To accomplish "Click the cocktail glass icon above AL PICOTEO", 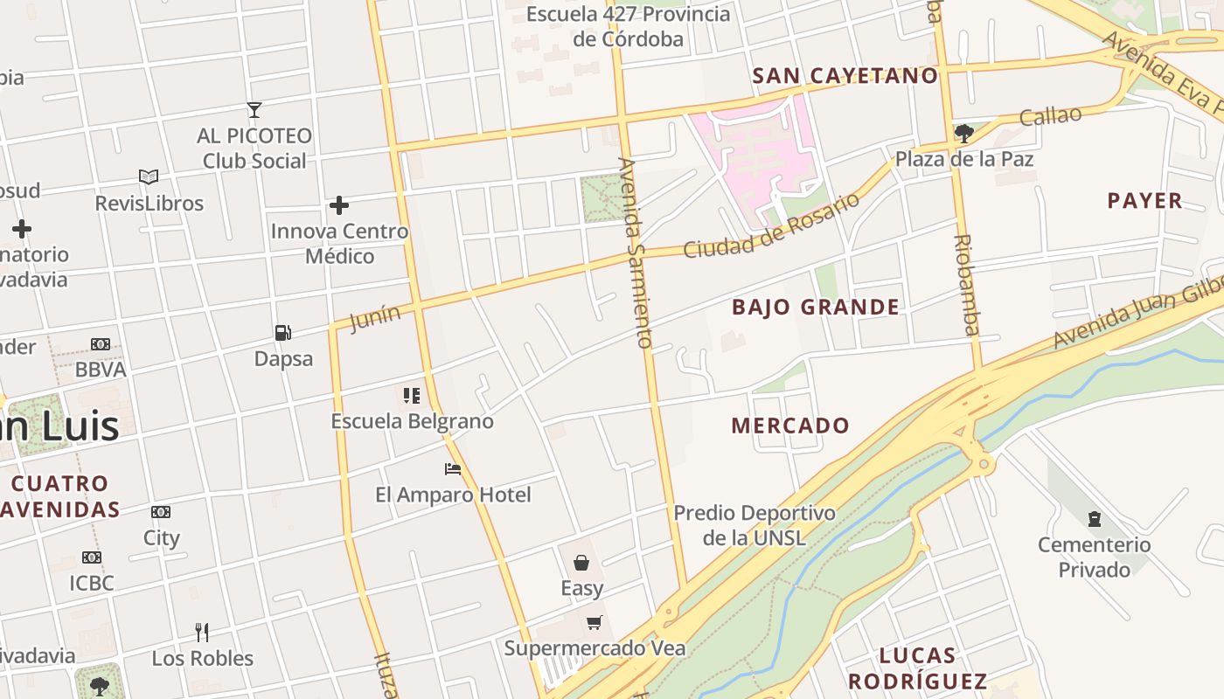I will (x=254, y=110).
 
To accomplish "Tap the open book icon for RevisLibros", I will (x=149, y=177).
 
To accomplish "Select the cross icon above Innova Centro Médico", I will (x=339, y=205).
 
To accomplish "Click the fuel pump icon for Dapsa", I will (x=282, y=333).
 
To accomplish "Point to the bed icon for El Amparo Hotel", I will (x=453, y=469).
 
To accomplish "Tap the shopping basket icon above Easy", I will (x=581, y=563).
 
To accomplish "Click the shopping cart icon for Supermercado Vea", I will (x=595, y=622).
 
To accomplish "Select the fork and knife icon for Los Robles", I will (x=202, y=632).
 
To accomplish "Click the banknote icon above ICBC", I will (x=92, y=557).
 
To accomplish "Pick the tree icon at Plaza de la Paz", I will (x=964, y=134).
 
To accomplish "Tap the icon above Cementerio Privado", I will (x=1094, y=520).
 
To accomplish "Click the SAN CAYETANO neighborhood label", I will (x=845, y=76).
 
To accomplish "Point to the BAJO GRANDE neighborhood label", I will (x=816, y=307).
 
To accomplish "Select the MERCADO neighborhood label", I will (x=790, y=426).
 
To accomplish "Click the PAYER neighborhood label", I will (x=1144, y=201).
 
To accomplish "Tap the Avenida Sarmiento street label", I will (x=636, y=253).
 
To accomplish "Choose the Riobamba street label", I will (x=966, y=285).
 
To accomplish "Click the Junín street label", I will (x=376, y=318).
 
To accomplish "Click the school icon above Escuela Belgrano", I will (x=412, y=396).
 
